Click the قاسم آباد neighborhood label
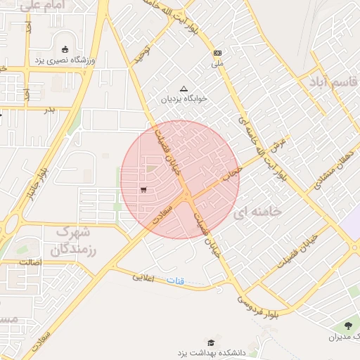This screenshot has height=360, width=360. coord(332,82)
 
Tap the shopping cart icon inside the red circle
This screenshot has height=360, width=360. coord(143,189)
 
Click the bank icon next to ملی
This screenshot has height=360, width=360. coord(217,53)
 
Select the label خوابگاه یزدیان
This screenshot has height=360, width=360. coord(184,99)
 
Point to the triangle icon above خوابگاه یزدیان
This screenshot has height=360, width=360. coord(184,89)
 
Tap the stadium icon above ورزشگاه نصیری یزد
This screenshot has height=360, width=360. coord(65,49)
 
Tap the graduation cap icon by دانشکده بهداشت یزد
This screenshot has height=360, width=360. coord(210,342)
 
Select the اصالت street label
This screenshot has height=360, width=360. coord(31,262)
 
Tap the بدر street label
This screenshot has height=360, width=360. coord(49,110)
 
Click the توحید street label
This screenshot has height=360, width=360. coord(143,51)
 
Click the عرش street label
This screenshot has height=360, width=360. coord(280,143)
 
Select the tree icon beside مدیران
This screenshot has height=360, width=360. coord(349,325)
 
